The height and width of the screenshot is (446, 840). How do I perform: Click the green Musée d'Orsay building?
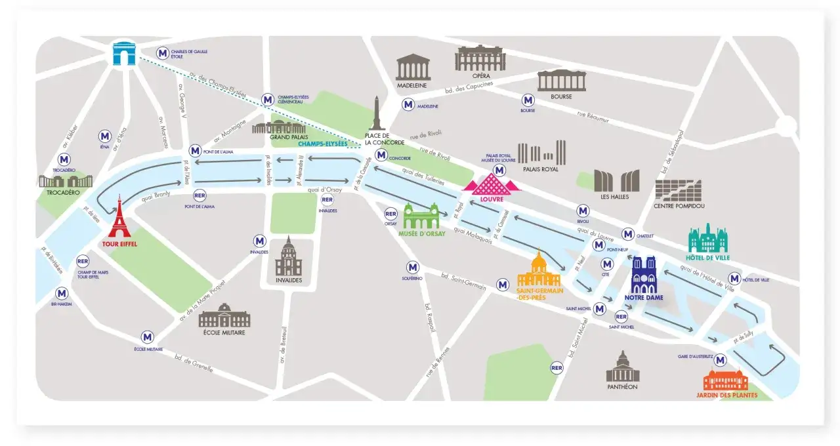pyautogui.click(x=421, y=216)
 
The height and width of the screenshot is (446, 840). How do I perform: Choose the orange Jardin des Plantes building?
pyautogui.click(x=725, y=380)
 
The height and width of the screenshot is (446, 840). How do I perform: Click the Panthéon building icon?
pyautogui.click(x=622, y=367)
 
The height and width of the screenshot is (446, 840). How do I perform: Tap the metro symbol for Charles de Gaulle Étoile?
pyautogui.click(x=162, y=53)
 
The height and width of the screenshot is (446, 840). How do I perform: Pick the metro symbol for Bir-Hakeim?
pyautogui.click(x=62, y=293)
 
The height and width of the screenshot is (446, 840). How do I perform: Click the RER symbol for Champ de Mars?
pyautogui.click(x=83, y=261)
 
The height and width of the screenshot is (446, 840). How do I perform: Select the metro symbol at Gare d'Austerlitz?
pyautogui.click(x=721, y=359)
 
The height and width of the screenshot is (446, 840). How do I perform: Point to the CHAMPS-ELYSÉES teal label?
pyautogui.click(x=322, y=144)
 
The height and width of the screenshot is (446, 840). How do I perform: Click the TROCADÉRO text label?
pyautogui.click(x=63, y=193)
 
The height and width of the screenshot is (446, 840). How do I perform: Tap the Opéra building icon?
pyautogui.click(x=480, y=59)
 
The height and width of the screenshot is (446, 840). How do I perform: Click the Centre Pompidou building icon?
pyautogui.click(x=679, y=190)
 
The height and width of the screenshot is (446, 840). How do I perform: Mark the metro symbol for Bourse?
pyautogui.click(x=528, y=100)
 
